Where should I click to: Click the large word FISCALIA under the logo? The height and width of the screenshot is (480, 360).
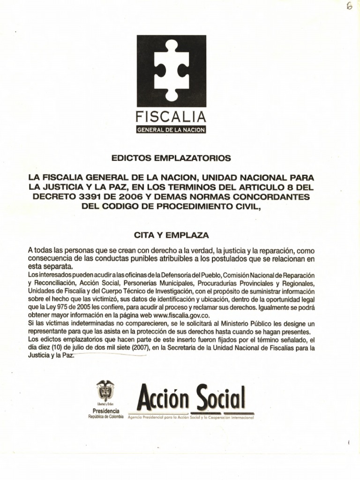coord(171,117)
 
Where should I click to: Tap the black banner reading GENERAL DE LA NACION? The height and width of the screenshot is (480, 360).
coord(171,129)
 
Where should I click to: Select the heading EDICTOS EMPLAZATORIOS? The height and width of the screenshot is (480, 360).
coord(171,158)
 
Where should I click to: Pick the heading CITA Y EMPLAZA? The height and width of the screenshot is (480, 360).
coord(171,233)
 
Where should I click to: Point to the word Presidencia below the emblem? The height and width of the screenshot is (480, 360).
coord(106,411)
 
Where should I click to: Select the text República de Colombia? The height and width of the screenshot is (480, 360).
coord(106,416)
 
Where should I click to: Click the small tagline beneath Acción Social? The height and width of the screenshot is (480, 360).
coord(190,417)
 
